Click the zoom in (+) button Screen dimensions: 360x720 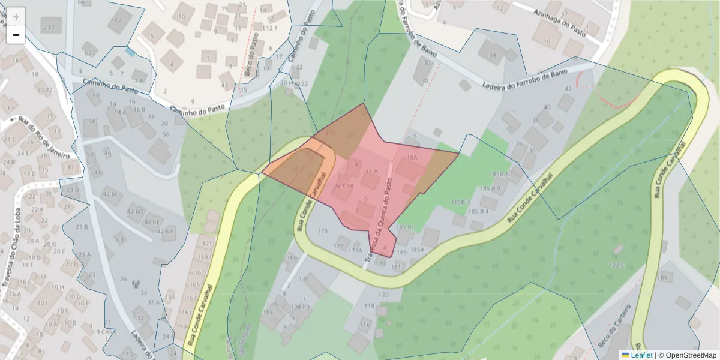pyautogui.click(x=16, y=17)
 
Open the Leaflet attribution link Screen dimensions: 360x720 pyautogui.click(x=641, y=355)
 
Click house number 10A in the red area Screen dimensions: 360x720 pyautogui.click(x=412, y=158)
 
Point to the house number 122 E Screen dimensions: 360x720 pyautogui.click(x=617, y=265)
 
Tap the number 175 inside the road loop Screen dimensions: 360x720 pyautogui.click(x=323, y=231)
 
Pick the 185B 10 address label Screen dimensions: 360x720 pyautogui.click(x=500, y=174)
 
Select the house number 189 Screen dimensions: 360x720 pyautogui.click(x=662, y=278)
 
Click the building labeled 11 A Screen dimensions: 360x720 pyautogui.click(x=372, y=171)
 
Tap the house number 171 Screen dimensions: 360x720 pyautogui.click(x=208, y=244)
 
